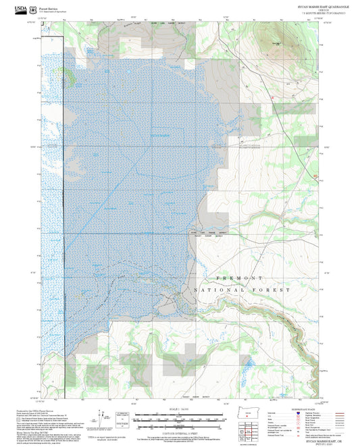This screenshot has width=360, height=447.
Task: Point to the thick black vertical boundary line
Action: tap(63, 203)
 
